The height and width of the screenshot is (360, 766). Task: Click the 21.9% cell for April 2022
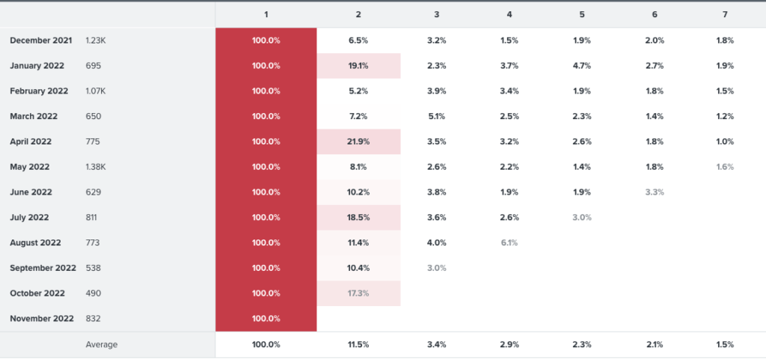pos(358,141)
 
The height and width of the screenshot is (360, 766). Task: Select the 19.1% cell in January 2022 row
pos(358,66)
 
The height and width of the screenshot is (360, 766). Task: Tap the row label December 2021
pos(41,40)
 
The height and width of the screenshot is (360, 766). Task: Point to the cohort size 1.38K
pos(96,167)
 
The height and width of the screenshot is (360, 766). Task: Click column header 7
pos(725,15)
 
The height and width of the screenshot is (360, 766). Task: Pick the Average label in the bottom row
pos(102,344)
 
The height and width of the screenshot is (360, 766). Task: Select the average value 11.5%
pos(358,344)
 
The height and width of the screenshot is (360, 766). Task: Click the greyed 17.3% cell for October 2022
pos(358,293)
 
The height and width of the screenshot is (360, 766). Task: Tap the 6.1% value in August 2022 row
pos(509,242)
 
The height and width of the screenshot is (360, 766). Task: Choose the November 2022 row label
pos(42,319)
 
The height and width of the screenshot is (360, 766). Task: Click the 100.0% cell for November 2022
pos(266,319)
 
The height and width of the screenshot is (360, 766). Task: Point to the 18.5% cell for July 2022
pos(358,217)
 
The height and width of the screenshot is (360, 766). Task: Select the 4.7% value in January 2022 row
pos(582,66)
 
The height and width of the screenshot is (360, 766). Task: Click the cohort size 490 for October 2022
pos(93,293)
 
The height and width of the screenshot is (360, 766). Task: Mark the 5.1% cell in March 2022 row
pos(436,116)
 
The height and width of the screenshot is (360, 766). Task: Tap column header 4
pos(509,15)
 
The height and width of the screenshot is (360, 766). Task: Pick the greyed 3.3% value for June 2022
pos(655,192)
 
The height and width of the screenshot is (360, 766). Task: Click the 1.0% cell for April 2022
pos(725,141)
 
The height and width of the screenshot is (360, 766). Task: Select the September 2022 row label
pos(43,268)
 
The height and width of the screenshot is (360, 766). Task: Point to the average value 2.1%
pos(655,344)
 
